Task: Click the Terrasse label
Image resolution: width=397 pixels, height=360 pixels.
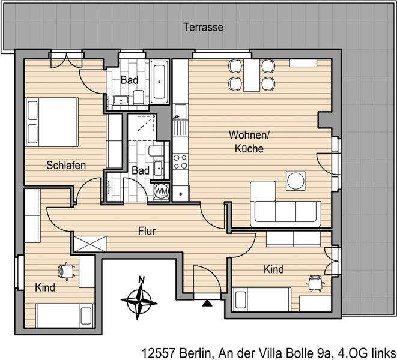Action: (204, 28)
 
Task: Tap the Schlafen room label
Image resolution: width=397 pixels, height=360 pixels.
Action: (66, 165)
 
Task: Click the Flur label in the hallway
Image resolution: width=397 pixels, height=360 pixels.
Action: (148, 230)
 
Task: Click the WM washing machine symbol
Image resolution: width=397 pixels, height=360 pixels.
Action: (161, 191)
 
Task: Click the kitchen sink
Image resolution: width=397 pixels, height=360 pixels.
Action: (178, 125)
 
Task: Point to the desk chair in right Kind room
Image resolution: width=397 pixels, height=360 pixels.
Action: (313, 282)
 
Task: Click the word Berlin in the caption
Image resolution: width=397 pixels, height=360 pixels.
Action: (192, 352)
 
